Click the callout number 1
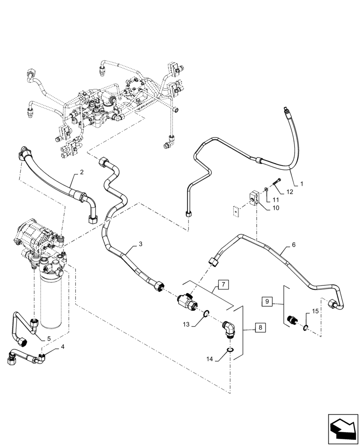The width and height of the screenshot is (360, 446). (302, 183)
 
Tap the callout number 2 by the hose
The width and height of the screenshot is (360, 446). (82, 171)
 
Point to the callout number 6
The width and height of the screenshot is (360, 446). (293, 245)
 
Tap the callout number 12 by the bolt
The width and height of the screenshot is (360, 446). (290, 192)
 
